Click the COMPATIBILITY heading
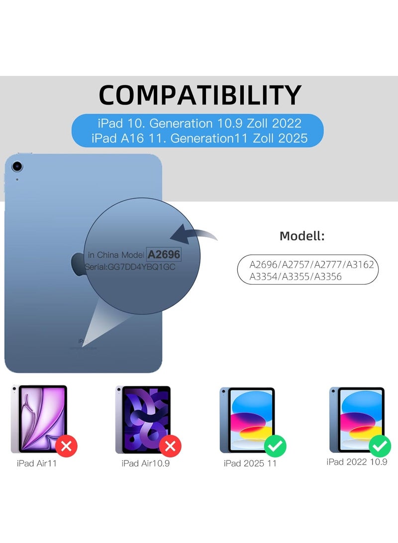[200, 95]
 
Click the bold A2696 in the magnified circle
[164, 254]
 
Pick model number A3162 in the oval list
[358, 265]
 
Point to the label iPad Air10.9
[142, 463]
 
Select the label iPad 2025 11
[250, 463]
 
